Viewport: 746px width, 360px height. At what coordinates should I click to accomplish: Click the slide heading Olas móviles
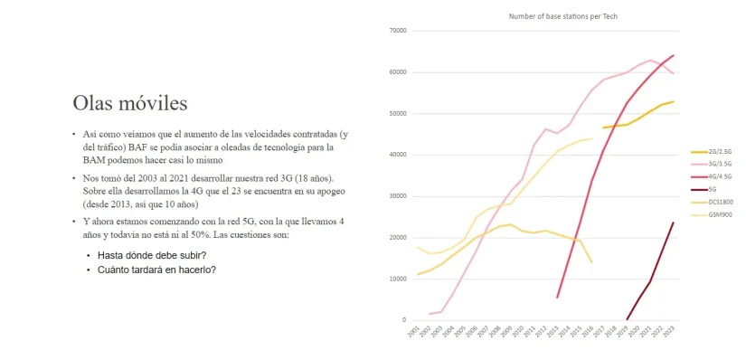click(x=130, y=101)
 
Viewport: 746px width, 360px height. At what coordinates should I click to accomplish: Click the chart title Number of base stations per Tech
click(x=562, y=15)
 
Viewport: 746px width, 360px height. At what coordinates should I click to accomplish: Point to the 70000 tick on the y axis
click(x=397, y=31)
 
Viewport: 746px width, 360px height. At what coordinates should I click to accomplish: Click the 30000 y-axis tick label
click(x=397, y=195)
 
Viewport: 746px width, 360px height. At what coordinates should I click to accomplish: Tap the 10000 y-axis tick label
click(x=397, y=279)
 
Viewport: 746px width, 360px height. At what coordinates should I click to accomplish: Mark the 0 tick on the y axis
click(x=404, y=319)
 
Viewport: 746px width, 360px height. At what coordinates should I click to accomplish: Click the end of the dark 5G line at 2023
click(x=674, y=223)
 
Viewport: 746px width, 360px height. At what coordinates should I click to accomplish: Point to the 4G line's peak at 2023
click(x=674, y=55)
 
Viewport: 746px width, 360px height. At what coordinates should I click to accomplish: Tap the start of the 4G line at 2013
click(x=557, y=297)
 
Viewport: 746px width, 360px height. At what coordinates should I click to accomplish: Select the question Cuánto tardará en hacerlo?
click(x=156, y=269)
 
